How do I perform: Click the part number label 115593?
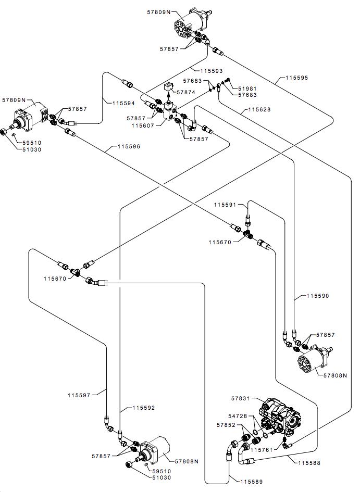coord(212,71)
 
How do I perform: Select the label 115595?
coord(297,78)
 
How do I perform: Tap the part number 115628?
coord(259,109)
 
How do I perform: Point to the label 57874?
coord(186,92)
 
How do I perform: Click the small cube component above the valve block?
coord(169,86)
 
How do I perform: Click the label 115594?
coord(123,103)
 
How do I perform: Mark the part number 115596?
coord(129,146)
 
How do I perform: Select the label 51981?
coord(247,89)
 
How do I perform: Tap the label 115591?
coord(225,205)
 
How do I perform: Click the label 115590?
coord(318,296)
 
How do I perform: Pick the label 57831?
coord(241,398)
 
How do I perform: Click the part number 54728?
coord(238,416)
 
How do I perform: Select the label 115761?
coord(262,449)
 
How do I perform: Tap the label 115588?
coord(309,462)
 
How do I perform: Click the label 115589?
coord(252,482)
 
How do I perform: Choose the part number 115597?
coord(79,395)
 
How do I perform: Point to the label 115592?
coord(144,408)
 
